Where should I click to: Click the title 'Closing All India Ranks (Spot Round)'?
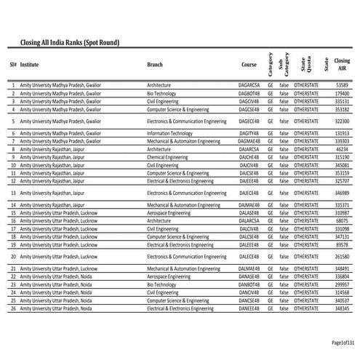[70, 44]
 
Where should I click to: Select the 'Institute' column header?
[30, 65]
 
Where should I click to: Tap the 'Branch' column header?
[155, 65]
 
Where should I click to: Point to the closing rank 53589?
[343, 86]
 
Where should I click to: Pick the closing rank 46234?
[343, 149]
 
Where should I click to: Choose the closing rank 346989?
[343, 193]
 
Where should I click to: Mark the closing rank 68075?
[343, 220]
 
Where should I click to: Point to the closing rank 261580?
[343, 257]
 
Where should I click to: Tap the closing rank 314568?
[343, 292]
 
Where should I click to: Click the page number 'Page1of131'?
[342, 343]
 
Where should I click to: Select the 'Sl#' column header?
[13, 65]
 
